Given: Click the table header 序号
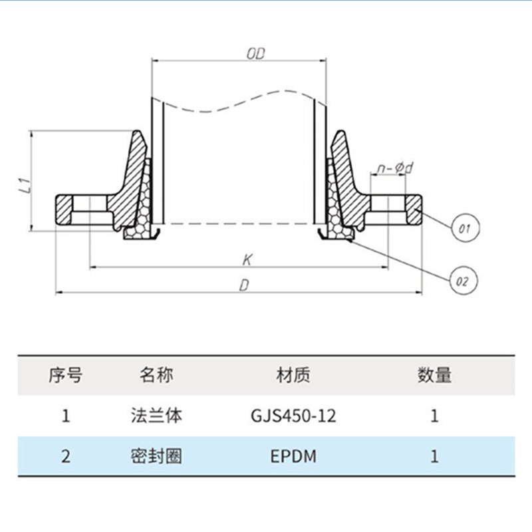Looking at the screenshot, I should (65, 375).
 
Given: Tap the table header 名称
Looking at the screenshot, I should (156, 375).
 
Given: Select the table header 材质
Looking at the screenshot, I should (293, 375).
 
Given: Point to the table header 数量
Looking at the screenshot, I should (434, 375).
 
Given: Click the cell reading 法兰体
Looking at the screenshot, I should (156, 416).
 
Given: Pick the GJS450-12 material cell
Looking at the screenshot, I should (293, 417).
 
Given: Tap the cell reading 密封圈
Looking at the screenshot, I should (156, 457).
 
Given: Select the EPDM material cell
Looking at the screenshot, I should (293, 457).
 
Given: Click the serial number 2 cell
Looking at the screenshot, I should (65, 457).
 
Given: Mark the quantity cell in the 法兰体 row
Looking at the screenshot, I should (434, 417).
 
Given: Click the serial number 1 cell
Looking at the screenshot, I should (65, 417).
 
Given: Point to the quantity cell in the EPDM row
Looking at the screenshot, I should (434, 457).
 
